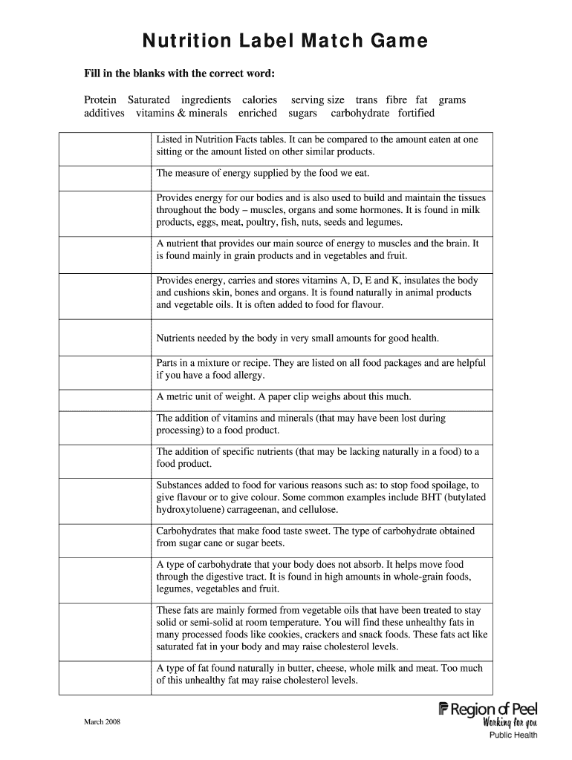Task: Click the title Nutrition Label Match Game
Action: (x=285, y=42)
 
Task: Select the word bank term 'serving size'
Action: (x=317, y=99)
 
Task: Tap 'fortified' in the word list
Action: (x=416, y=114)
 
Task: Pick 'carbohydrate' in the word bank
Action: (x=360, y=114)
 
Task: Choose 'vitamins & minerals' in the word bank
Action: (x=181, y=114)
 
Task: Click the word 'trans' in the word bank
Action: (x=366, y=99)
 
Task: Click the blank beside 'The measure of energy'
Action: (x=105, y=177)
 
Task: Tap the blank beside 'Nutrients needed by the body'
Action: (x=105, y=338)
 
